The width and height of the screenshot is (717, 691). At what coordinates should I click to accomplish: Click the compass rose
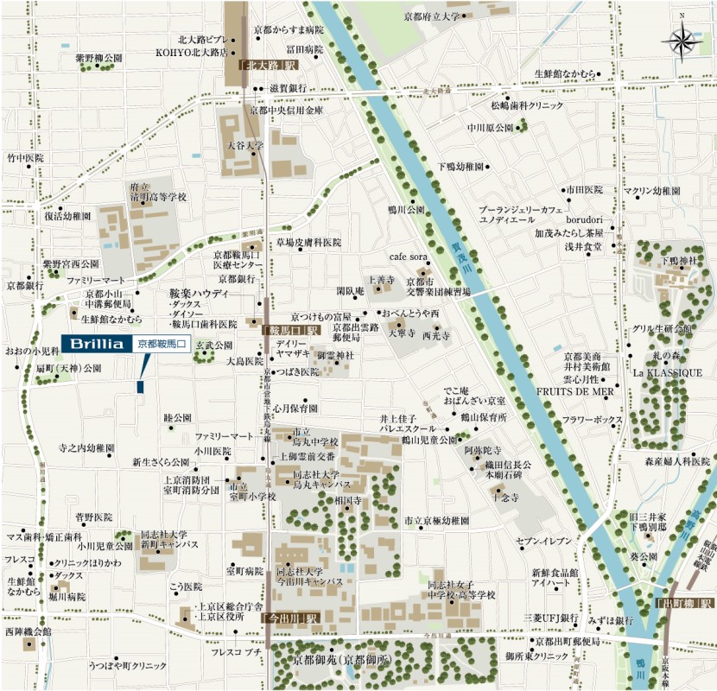(682, 39)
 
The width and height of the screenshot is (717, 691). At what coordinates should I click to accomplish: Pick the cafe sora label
(409, 257)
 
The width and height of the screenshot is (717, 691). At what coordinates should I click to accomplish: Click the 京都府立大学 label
(433, 16)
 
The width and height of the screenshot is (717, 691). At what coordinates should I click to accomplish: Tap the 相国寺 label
(347, 501)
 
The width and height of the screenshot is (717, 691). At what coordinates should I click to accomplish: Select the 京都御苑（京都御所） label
(342, 660)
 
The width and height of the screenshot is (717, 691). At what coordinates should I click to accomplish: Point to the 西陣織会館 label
(28, 631)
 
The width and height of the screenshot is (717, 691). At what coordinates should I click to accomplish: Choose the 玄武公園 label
(213, 345)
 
